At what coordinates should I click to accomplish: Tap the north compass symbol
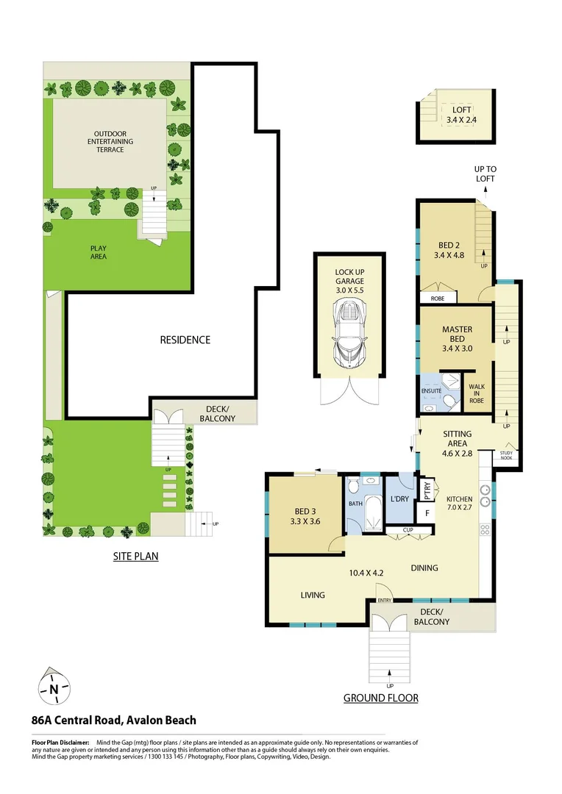tap(54, 689)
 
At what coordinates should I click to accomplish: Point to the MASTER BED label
tap(457, 335)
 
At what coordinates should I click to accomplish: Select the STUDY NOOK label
tap(506, 456)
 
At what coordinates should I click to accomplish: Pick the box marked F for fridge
tap(424, 511)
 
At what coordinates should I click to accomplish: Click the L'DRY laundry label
tap(399, 499)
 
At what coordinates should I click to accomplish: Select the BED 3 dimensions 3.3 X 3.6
tap(305, 522)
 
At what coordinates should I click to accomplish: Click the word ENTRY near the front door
tap(384, 601)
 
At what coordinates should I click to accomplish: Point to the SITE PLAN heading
tap(135, 557)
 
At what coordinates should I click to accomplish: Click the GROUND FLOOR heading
tap(380, 698)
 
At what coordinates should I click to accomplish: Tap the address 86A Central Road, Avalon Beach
tap(113, 720)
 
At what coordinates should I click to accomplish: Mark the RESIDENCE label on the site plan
tap(185, 340)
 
